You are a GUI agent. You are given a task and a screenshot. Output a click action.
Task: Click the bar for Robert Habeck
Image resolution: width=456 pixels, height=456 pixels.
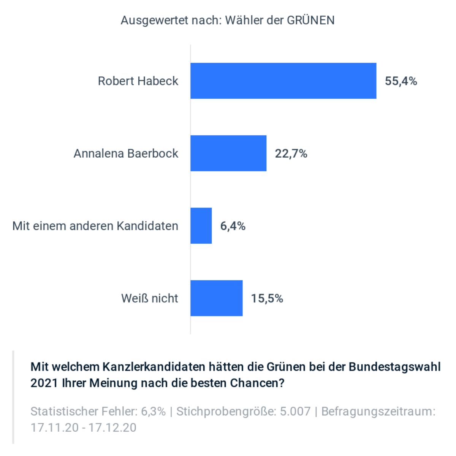283,81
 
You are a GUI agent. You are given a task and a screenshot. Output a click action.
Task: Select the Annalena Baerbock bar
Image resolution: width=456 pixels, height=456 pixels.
228,153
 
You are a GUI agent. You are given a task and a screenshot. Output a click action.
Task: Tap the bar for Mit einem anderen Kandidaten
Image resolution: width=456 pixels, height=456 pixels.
201,226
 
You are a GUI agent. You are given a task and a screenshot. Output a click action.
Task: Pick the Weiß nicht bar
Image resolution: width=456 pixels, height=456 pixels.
216,298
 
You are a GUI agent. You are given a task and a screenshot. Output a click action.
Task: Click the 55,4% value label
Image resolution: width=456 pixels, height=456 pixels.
401,81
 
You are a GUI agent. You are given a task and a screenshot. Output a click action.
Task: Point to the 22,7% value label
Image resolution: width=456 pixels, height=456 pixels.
291,154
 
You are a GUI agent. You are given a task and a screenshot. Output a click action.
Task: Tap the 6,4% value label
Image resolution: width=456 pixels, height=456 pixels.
233,226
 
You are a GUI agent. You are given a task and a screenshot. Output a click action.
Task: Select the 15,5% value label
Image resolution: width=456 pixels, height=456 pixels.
267,299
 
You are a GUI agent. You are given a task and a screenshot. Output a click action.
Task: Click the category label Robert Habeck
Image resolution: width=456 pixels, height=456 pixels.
138,81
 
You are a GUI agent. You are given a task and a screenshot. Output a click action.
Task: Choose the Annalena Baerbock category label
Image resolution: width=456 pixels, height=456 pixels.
126,154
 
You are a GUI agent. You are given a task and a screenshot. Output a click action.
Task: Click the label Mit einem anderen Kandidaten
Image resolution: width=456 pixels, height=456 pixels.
95,226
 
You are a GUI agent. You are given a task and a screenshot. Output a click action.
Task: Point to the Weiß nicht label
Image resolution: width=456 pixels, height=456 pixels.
149,298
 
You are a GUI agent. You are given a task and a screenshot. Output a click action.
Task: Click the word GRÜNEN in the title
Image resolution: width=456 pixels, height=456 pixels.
310,20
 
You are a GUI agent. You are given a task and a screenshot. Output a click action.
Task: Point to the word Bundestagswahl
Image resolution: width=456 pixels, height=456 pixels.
394,367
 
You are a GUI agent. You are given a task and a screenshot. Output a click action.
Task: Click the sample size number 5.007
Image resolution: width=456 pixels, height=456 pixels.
295,411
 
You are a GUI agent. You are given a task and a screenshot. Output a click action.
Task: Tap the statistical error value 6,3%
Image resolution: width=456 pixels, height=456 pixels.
153,411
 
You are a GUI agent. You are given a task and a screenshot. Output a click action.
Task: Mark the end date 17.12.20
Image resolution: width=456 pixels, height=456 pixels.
112,427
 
